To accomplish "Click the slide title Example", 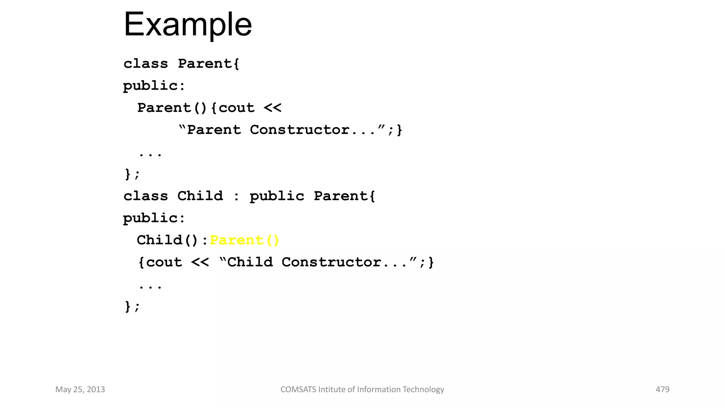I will [x=188, y=25].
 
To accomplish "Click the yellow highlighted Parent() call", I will [x=244, y=240].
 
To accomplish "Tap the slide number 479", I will [x=662, y=389].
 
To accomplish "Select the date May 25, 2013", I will [x=80, y=389].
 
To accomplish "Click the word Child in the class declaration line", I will [x=200, y=196].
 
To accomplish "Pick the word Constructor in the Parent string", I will [x=299, y=130].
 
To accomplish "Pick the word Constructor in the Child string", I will [x=331, y=262].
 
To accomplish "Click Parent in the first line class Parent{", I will [x=205, y=64].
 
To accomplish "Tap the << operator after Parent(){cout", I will [x=273, y=108].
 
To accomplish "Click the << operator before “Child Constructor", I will [x=200, y=262].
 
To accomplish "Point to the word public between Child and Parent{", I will [x=277, y=196].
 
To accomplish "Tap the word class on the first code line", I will [x=145, y=64].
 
